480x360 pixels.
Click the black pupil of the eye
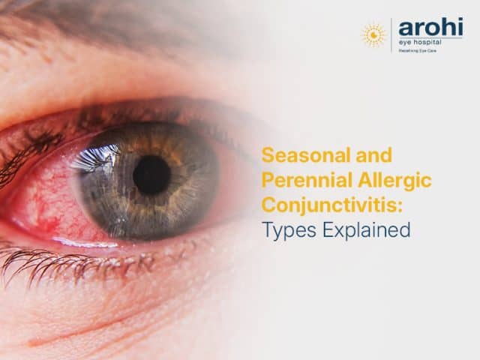[x=151, y=175]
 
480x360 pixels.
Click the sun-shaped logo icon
[x=373, y=34]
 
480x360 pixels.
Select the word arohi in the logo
[x=430, y=28]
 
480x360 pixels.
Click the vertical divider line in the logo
[x=391, y=34]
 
